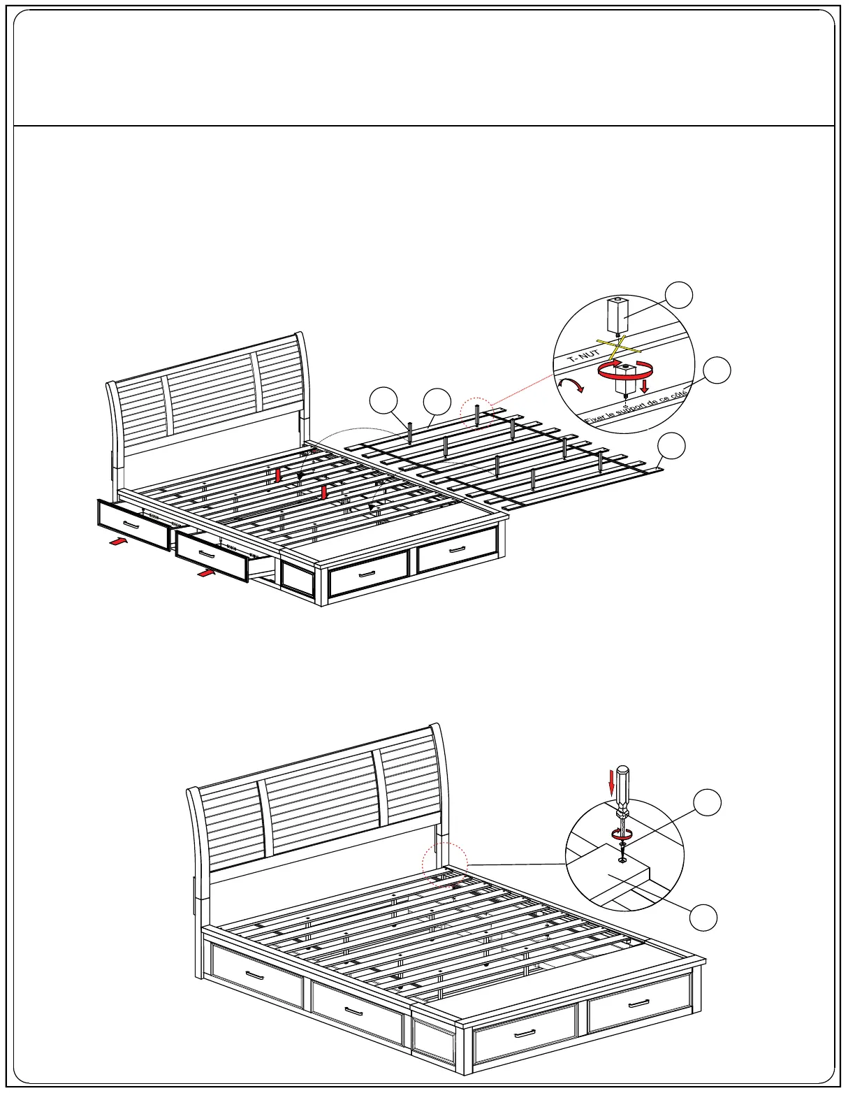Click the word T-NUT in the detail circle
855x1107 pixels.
click(583, 355)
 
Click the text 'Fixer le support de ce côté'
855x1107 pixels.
click(636, 407)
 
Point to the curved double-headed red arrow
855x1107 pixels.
click(571, 384)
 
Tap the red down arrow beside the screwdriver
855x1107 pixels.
click(612, 782)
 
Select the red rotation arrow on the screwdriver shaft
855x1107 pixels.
click(621, 833)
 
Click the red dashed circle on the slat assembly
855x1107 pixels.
click(478, 412)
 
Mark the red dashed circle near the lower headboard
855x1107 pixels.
click(444, 864)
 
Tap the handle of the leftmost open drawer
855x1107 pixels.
click(131, 523)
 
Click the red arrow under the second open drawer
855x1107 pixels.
click(206, 572)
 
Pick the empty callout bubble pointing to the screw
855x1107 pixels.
click(707, 802)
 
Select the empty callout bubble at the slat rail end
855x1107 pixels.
click(672, 446)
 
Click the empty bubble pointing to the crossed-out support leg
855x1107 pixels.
click(678, 295)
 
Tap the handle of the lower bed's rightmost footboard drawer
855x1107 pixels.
click(638, 1004)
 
